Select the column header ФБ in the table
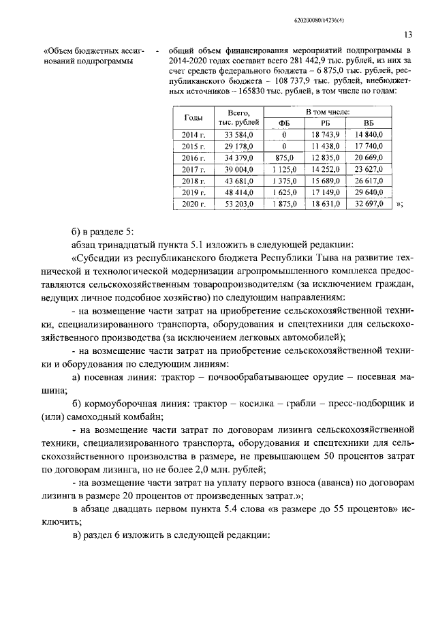(x=284, y=122)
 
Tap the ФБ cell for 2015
(x=284, y=146)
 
